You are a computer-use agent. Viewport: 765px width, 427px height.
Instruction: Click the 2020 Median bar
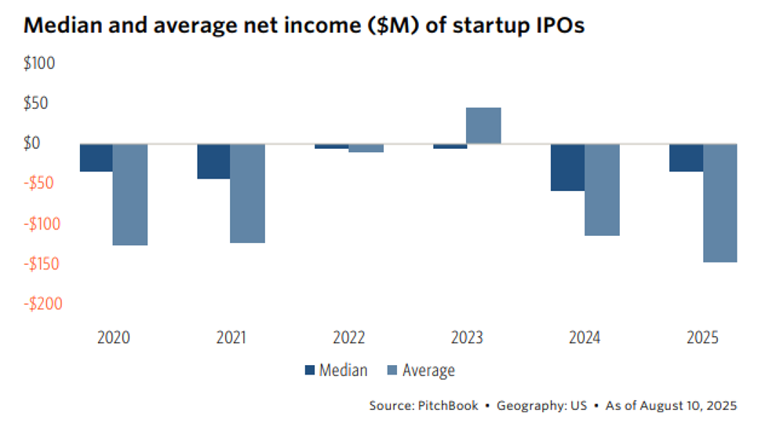(97, 157)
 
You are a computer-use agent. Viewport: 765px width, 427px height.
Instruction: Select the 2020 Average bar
(130, 194)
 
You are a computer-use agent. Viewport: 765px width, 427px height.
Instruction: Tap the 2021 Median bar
(213, 161)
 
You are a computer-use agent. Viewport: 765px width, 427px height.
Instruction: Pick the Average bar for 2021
(248, 193)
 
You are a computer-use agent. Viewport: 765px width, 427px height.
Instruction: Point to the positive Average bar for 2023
(483, 125)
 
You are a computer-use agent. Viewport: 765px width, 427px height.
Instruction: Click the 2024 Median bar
(567, 168)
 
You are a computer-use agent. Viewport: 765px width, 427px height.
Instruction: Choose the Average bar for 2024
(602, 190)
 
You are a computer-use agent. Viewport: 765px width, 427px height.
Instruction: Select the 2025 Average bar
(719, 203)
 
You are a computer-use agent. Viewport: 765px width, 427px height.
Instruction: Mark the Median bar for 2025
(686, 157)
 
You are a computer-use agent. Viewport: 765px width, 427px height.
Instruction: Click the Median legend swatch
(308, 371)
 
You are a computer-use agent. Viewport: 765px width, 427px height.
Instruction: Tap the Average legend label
(428, 371)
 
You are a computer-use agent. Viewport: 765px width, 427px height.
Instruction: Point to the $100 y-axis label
(40, 63)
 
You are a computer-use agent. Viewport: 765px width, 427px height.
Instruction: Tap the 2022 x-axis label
(349, 338)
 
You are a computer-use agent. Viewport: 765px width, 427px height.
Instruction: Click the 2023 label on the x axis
(467, 338)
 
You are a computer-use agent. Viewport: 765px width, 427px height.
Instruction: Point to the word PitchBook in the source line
(444, 406)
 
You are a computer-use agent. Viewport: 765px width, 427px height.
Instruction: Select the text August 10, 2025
(689, 406)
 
